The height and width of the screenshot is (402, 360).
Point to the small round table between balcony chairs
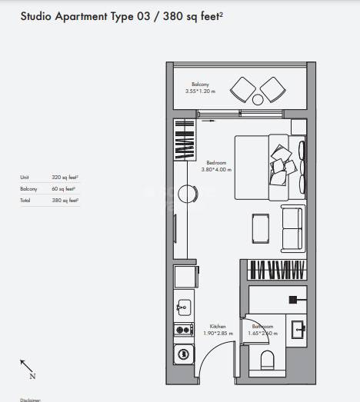coord(259,98)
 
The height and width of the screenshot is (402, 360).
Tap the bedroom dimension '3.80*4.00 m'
coord(218,169)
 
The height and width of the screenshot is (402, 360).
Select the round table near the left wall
coord(185,194)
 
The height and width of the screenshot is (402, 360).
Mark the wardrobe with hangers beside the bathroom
coord(278,271)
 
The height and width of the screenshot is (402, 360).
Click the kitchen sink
coord(183,307)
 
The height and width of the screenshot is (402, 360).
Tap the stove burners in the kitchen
coord(183,330)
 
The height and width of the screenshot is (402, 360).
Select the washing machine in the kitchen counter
coord(183,354)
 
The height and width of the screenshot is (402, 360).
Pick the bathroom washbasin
coord(298,329)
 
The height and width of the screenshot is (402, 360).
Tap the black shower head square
coord(293,299)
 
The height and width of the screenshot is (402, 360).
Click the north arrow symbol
coord(26,367)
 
